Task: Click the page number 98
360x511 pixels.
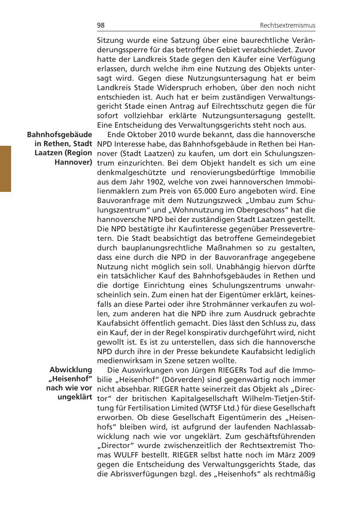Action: pyautogui.click(x=101, y=26)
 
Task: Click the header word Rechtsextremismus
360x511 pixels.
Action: pyautogui.click(x=288, y=26)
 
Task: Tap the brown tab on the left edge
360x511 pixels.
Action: pyautogui.click(x=5, y=168)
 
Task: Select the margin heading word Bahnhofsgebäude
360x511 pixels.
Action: pyautogui.click(x=59, y=135)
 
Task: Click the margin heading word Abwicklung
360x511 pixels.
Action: pyautogui.click(x=71, y=369)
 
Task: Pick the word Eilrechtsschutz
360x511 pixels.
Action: pyautogui.click(x=241, y=107)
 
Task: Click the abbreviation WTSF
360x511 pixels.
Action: pyautogui.click(x=209, y=408)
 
